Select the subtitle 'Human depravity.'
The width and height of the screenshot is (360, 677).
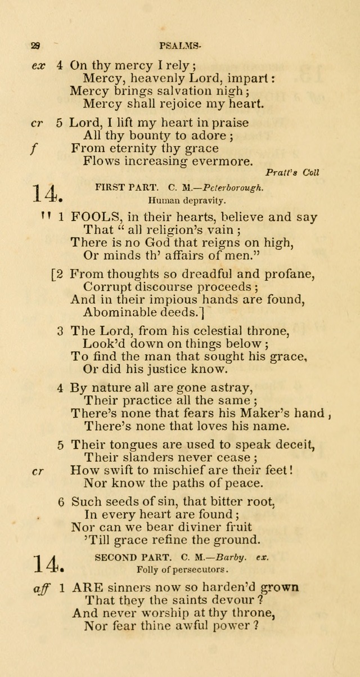pos(180,200)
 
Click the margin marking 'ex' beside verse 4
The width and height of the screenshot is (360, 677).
pos(38,65)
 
